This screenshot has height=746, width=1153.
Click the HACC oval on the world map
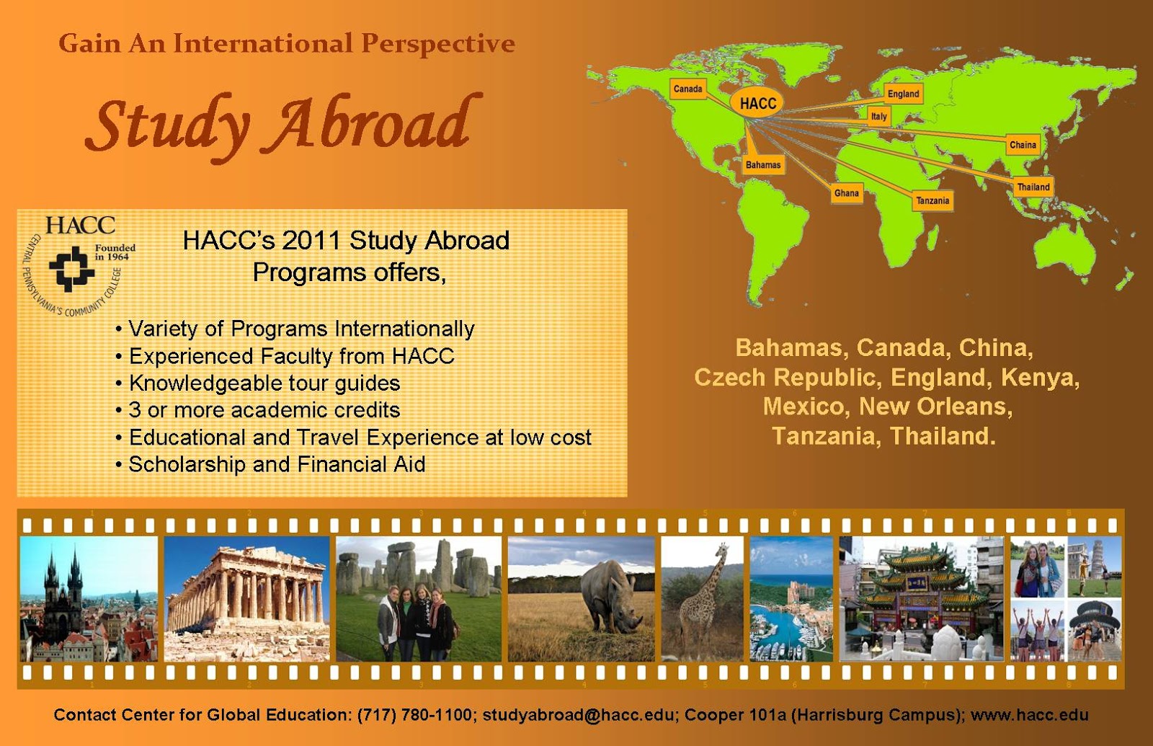tap(757, 103)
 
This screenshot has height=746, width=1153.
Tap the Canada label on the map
tap(687, 89)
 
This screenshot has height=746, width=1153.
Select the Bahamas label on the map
tap(763, 165)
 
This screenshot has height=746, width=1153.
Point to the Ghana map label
tap(846, 193)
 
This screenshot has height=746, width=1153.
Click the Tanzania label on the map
tap(932, 200)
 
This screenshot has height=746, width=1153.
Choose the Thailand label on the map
tap(1033, 187)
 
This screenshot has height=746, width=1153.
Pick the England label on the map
tap(903, 94)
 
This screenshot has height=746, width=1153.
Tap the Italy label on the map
tap(878, 116)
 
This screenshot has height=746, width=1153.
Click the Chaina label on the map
tap(1023, 145)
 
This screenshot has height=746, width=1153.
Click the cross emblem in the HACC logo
tap(71, 268)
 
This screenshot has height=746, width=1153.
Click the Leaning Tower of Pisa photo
tap(1095, 567)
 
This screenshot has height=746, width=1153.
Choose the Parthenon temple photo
tap(246, 598)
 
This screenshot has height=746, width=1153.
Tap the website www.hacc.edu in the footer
tap(1029, 715)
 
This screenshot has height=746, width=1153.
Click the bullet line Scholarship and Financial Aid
tap(277, 465)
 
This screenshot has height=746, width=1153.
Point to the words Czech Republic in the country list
tap(788, 377)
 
